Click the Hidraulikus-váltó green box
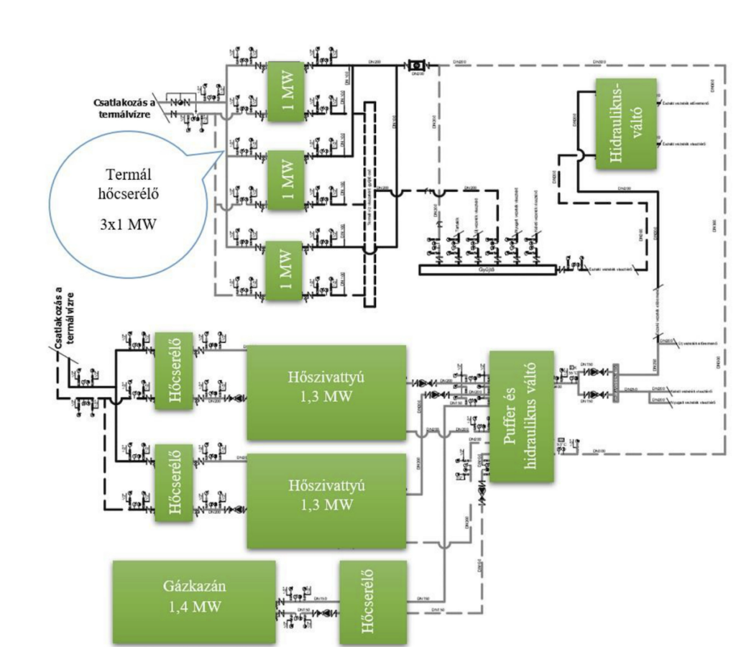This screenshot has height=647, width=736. click(x=625, y=124)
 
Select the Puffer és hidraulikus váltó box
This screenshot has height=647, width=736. click(x=522, y=416)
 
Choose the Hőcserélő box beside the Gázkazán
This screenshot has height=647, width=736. click(x=372, y=602)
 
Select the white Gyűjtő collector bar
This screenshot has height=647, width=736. click(x=488, y=270)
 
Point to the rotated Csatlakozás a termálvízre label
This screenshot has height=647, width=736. click(x=66, y=312)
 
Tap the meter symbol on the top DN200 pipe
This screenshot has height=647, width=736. click(x=415, y=66)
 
